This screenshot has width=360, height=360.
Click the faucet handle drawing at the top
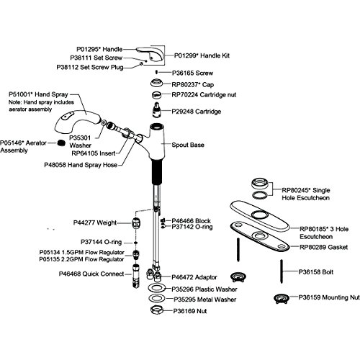[150, 54]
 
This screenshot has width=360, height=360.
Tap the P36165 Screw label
[192, 73]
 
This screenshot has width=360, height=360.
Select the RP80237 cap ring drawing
[157, 83]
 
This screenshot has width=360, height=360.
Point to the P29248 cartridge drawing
[156, 110]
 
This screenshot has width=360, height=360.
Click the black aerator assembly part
[61, 143]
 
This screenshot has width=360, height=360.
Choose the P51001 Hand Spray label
[38, 94]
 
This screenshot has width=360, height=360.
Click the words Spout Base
[188, 145]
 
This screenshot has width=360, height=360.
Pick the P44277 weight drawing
[136, 223]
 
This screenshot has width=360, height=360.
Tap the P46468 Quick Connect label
[91, 274]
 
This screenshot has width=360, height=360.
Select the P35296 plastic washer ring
[157, 288]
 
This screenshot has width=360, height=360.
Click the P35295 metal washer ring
[157, 299]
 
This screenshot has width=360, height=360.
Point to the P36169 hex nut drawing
[157, 310]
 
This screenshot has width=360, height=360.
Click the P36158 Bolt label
[316, 272]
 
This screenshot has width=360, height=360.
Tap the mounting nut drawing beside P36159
[282, 299]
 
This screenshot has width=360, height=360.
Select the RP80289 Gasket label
[323, 247]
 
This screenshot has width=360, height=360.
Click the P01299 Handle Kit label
[202, 55]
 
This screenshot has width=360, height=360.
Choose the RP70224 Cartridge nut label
[204, 95]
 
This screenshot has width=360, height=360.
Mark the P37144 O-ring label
[101, 242]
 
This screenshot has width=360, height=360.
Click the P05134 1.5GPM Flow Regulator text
[81, 253]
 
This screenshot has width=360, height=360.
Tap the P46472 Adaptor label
[194, 277]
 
